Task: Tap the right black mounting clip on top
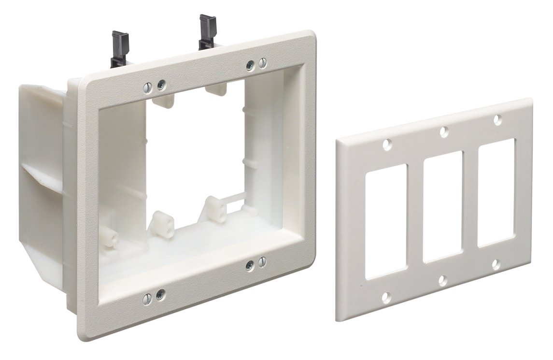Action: tap(208, 31)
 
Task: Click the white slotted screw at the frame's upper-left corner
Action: tap(148, 87)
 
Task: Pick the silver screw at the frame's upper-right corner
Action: tap(250, 66)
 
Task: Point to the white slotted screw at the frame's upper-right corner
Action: tap(263, 62)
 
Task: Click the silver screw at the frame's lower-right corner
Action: tap(250, 265)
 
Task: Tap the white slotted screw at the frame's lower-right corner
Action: tap(262, 262)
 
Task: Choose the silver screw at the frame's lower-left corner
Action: tap(160, 293)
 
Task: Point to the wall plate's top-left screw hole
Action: tap(386, 144)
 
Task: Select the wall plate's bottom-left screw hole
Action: tap(386, 296)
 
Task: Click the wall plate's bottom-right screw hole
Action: tap(496, 264)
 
